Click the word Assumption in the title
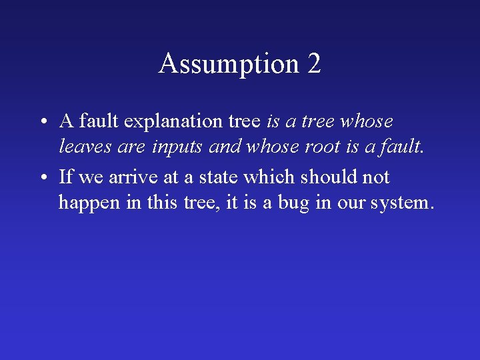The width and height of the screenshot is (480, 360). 229,64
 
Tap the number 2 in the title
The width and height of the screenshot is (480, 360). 314,64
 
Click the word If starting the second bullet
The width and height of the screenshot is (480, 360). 65,177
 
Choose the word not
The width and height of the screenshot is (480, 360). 376,177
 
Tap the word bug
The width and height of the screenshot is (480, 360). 294,202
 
